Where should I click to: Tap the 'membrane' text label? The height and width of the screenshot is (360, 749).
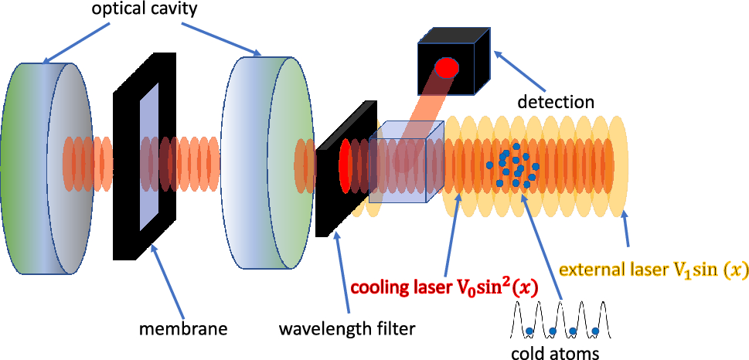click(182, 329)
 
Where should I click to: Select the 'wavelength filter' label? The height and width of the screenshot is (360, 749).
click(348, 329)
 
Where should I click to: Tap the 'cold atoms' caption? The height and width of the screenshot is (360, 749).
click(554, 352)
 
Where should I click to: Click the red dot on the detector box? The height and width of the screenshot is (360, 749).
click(446, 68)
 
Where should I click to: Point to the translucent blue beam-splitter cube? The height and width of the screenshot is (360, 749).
click(405, 162)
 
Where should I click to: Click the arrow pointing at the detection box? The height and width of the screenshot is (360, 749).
click(517, 69)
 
